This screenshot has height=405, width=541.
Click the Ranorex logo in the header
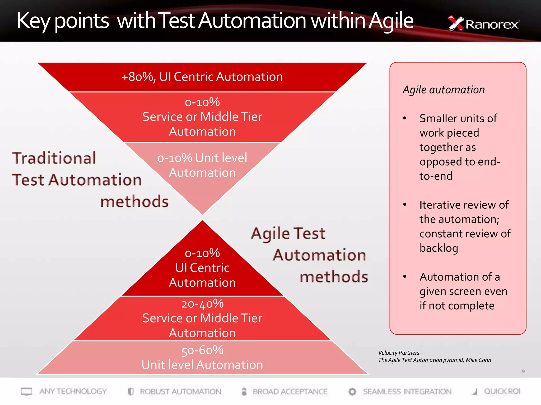pos(483,24)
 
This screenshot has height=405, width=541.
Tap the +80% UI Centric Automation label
pos(202,77)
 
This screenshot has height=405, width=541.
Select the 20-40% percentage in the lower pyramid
pos(202,304)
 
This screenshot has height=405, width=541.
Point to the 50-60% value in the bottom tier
pos(202,350)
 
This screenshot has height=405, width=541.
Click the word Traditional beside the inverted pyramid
pos(54,158)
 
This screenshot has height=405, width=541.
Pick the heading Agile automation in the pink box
pos(444,90)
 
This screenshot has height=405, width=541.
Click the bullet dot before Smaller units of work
pos(404,118)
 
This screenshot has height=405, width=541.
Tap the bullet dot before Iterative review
pos(404,205)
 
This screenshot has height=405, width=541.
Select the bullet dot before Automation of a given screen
pos(404,277)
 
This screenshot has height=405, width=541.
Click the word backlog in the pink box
pos(439,248)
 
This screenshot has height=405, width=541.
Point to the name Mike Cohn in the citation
pos(478,360)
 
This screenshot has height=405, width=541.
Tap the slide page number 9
pos(523,372)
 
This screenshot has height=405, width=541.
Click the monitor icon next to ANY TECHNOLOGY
pos(26,392)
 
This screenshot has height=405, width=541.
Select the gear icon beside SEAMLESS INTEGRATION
pos(352,392)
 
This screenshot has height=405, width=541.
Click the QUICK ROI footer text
pos(502,392)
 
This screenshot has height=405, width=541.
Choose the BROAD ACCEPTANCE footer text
pos(290,392)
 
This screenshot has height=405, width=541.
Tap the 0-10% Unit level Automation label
pos(202,165)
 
